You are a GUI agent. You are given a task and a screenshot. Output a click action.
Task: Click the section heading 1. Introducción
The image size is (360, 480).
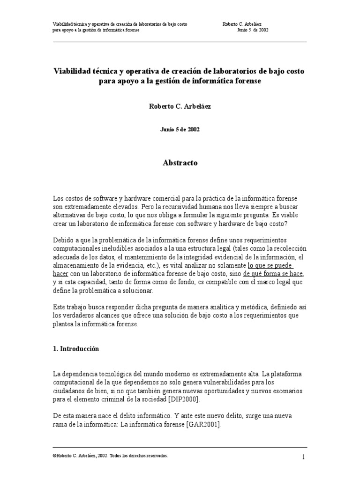pos(76,349)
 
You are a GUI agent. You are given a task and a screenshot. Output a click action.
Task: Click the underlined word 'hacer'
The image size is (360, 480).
pos(61,273)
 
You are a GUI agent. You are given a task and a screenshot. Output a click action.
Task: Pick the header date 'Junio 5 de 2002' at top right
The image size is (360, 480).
pos(253,30)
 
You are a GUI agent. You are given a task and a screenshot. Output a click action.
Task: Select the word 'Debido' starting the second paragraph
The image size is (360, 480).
pos(63,240)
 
